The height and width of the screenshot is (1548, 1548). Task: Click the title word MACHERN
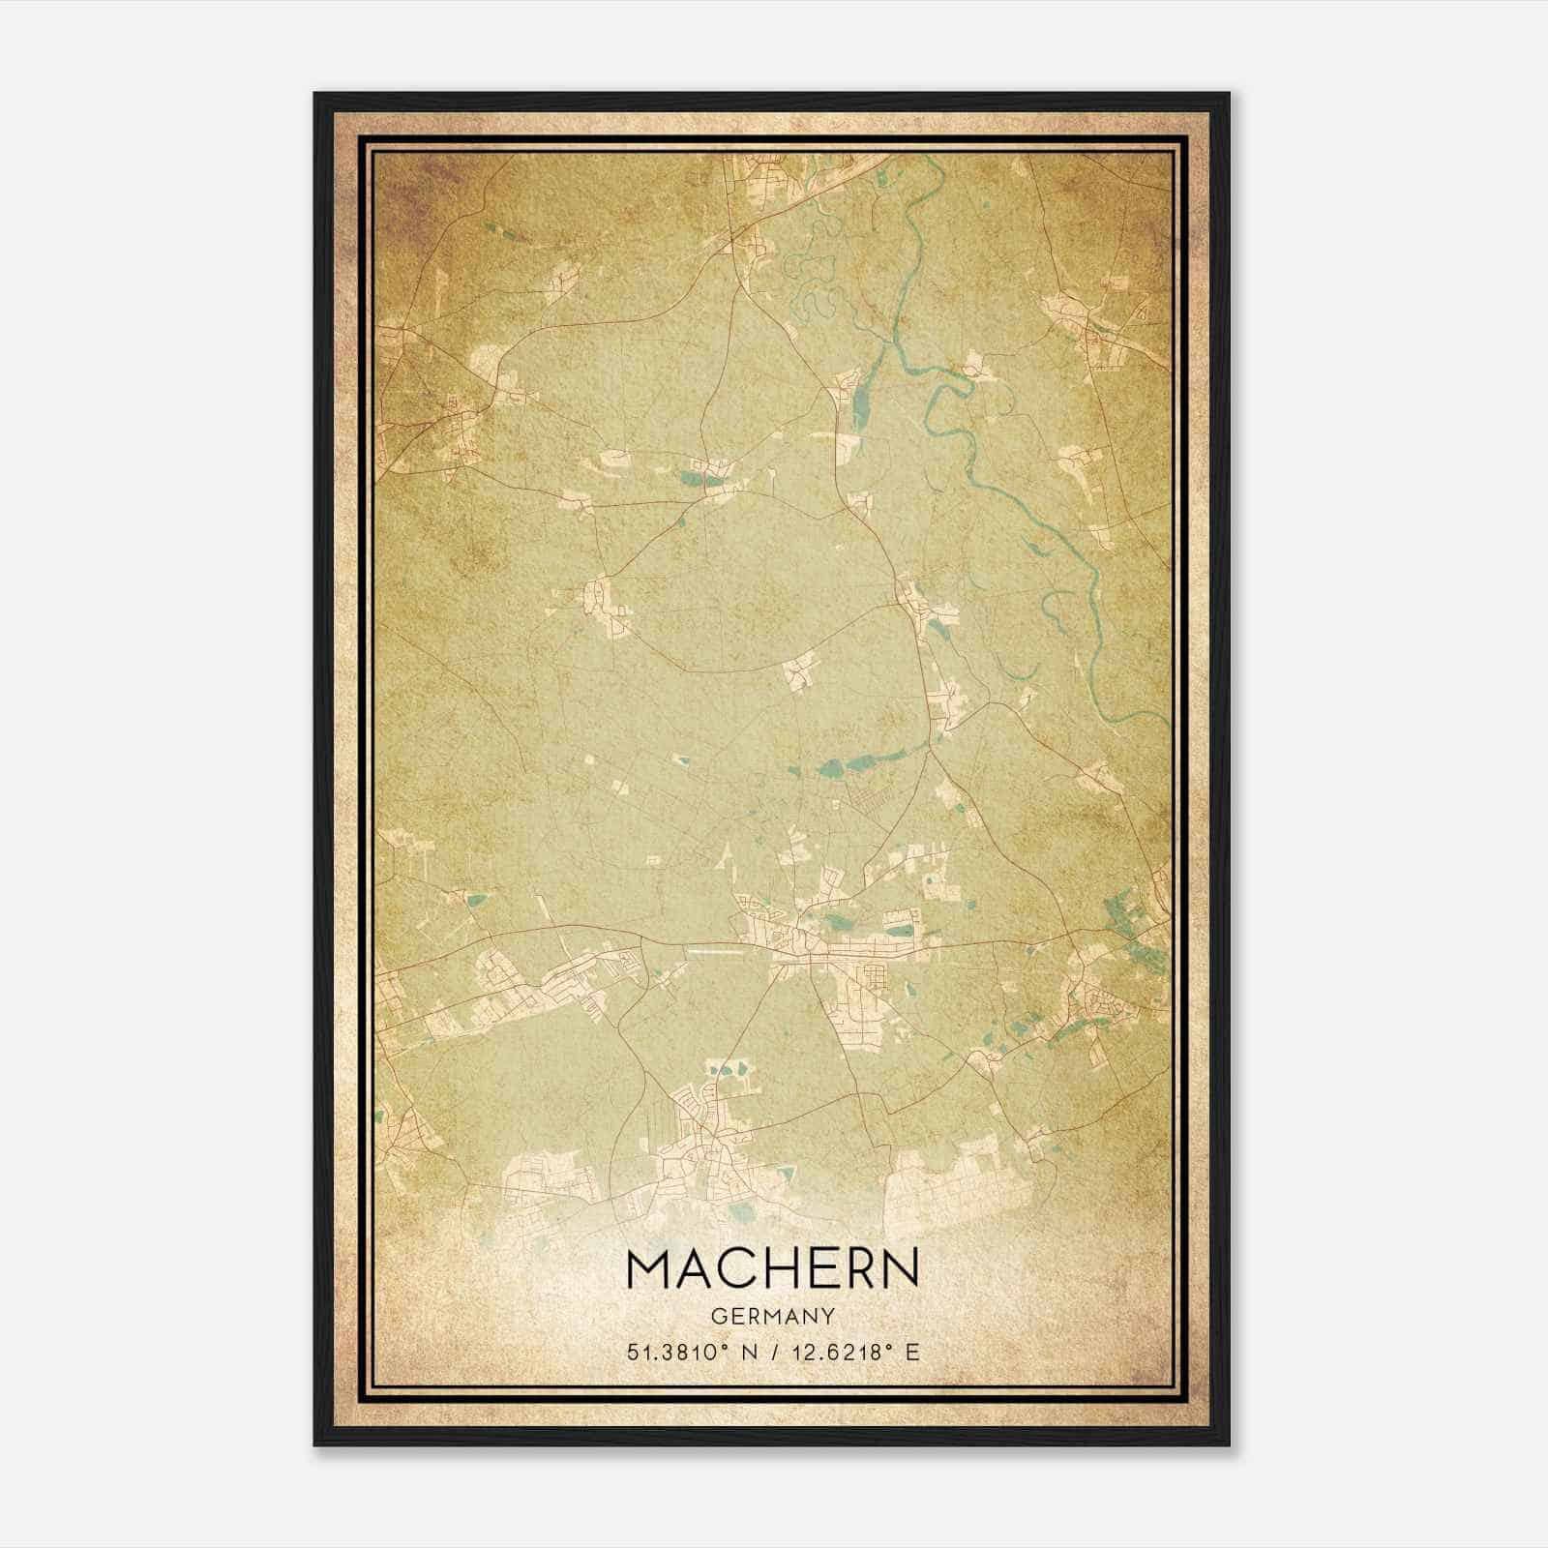click(773, 1268)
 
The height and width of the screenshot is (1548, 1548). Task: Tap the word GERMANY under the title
click(773, 1317)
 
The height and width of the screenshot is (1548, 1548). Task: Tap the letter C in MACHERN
click(743, 1268)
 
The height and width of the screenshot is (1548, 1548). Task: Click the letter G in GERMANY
click(718, 1317)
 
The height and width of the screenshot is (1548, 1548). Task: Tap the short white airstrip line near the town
click(716, 950)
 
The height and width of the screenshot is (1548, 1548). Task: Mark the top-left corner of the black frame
click(316, 95)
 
